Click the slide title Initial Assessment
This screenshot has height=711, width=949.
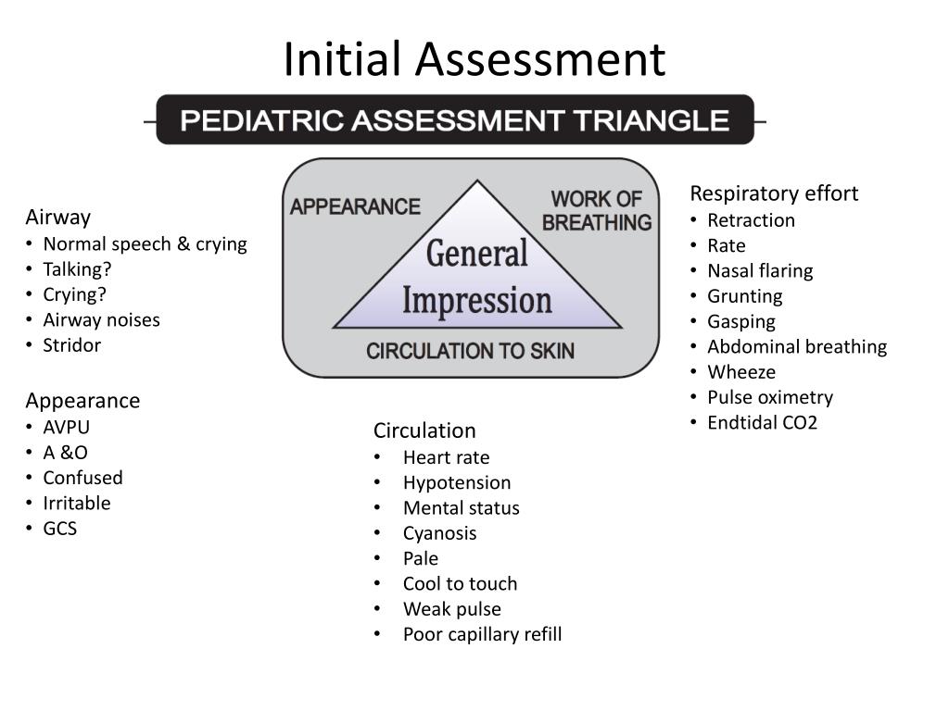(474, 59)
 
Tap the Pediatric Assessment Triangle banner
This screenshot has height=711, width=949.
(454, 120)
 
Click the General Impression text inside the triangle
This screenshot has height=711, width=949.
(477, 277)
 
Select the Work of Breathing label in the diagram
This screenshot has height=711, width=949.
(597, 211)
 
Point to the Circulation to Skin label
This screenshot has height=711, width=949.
(470, 351)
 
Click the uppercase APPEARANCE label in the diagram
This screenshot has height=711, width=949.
(355, 206)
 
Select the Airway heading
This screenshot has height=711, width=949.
(57, 218)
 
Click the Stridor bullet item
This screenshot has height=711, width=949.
(71, 345)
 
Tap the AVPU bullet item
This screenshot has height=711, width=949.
(67, 428)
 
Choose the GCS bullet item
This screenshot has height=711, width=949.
(60, 529)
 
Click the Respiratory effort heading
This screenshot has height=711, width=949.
(774, 193)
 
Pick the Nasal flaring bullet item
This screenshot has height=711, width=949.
(760, 271)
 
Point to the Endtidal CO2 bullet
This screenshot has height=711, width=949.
(762, 423)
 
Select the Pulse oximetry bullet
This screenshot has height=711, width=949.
(769, 397)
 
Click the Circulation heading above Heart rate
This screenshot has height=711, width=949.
(424, 430)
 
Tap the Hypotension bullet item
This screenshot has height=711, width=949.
(457, 482)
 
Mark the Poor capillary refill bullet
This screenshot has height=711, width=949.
(482, 634)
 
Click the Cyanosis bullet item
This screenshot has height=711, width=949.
(439, 533)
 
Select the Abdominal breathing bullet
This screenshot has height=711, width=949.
(796, 347)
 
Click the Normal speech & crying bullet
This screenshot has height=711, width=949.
(145, 244)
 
